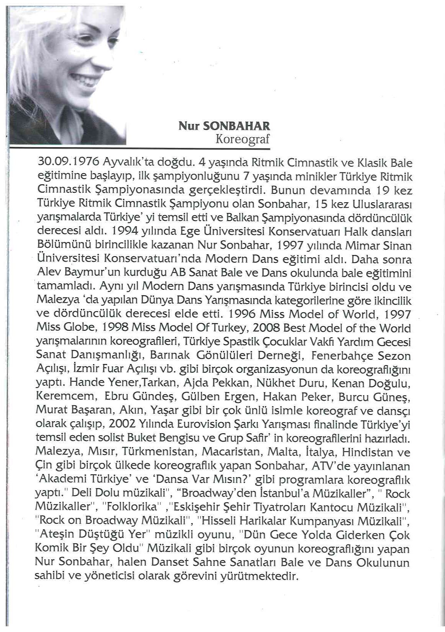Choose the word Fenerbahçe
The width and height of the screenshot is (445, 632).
click(x=343, y=356)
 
